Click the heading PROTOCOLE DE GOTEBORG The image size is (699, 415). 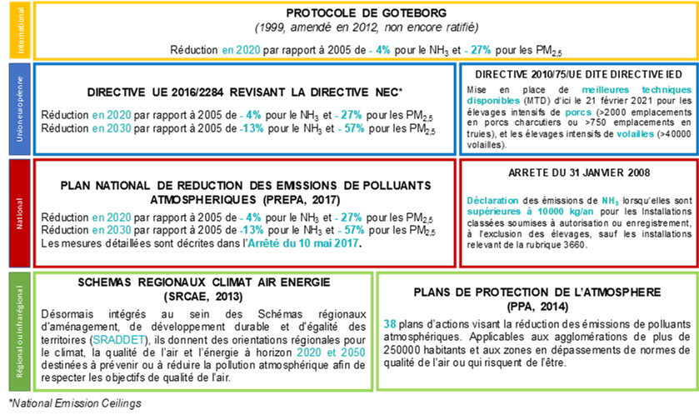pyautogui.click(x=367, y=13)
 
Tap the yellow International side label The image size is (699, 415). pyautogui.click(x=20, y=30)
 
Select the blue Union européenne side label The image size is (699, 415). pyautogui.click(x=20, y=109)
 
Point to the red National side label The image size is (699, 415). pyautogui.click(x=20, y=213)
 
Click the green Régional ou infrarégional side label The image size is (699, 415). pyautogui.click(x=20, y=331)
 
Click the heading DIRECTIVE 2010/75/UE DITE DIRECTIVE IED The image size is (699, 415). pyautogui.click(x=578, y=74)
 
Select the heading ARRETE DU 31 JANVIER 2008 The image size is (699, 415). pyautogui.click(x=579, y=172)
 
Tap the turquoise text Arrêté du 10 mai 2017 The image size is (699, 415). pyautogui.click(x=303, y=243)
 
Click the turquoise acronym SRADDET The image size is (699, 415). pyautogui.click(x=119, y=340)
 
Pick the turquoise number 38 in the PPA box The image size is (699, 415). pyautogui.click(x=390, y=324)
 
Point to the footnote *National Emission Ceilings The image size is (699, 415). pyautogui.click(x=75, y=403)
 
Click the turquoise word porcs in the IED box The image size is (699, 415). pyautogui.click(x=578, y=112)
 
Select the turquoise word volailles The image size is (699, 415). pyautogui.click(x=635, y=133)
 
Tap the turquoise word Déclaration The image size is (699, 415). pyautogui.click(x=492, y=201)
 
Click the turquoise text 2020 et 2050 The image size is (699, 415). pyautogui.click(x=331, y=352)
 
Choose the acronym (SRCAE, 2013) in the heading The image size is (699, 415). pyautogui.click(x=203, y=297)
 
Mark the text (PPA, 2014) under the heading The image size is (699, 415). pyautogui.click(x=537, y=307)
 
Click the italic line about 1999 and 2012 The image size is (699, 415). pyautogui.click(x=367, y=27)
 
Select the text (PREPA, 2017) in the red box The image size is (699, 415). pyautogui.click(x=302, y=200)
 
